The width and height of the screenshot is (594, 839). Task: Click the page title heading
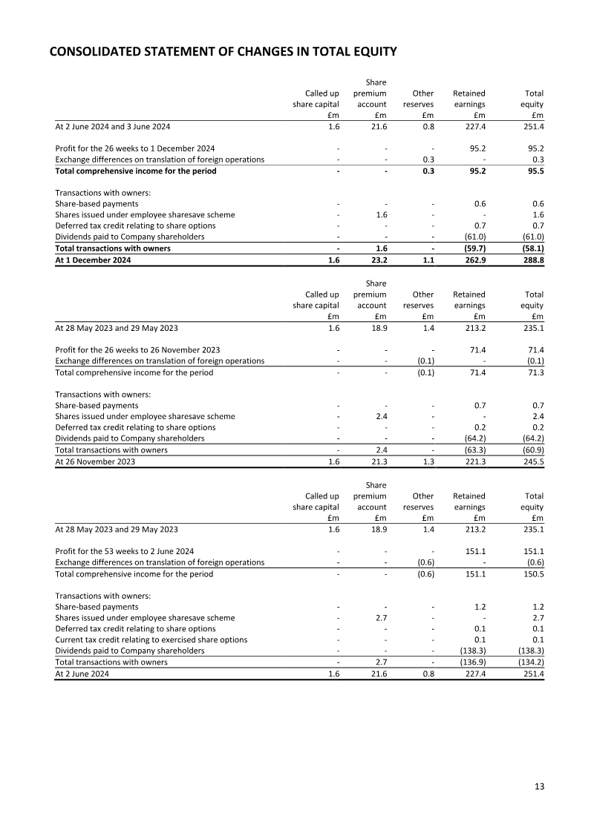(x=223, y=52)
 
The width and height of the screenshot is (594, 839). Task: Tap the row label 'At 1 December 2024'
(x=93, y=260)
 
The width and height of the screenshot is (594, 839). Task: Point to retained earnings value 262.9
(x=473, y=260)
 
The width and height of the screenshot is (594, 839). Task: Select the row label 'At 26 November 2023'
(x=95, y=461)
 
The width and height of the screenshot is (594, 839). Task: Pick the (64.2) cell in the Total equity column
(x=530, y=438)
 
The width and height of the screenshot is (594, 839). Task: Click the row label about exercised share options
(x=151, y=639)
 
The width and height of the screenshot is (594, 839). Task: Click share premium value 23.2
(x=378, y=260)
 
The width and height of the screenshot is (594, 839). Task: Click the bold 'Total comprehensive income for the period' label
(x=136, y=171)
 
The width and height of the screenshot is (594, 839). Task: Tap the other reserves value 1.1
(x=428, y=260)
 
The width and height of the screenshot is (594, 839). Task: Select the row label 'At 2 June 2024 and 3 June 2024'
(x=113, y=127)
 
